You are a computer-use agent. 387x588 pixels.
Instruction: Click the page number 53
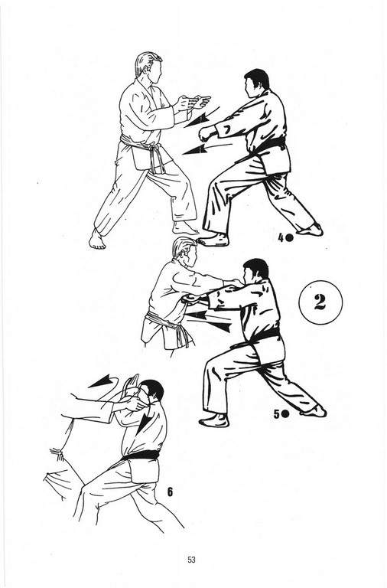[x=191, y=560]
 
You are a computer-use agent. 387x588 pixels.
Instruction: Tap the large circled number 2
[x=320, y=302]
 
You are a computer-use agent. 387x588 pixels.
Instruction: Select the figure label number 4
[x=281, y=237]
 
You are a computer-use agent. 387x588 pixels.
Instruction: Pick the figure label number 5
[x=276, y=414]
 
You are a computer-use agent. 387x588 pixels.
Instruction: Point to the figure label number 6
[x=170, y=492]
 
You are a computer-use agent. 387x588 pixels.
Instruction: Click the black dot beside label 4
[x=290, y=237]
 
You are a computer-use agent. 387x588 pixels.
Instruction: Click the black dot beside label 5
[x=285, y=414]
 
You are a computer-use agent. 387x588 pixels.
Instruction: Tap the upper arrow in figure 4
[x=200, y=117]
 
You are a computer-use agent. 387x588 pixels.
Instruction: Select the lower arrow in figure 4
[x=206, y=148]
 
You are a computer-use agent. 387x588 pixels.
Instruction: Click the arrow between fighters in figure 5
[x=208, y=321]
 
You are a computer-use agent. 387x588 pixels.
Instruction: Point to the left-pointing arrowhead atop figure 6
[x=100, y=381]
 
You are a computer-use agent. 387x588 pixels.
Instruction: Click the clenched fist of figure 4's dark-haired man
[x=205, y=132]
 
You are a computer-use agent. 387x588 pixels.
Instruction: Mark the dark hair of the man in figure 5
[x=256, y=268]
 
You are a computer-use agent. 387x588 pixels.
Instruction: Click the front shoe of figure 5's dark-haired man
[x=214, y=420]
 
